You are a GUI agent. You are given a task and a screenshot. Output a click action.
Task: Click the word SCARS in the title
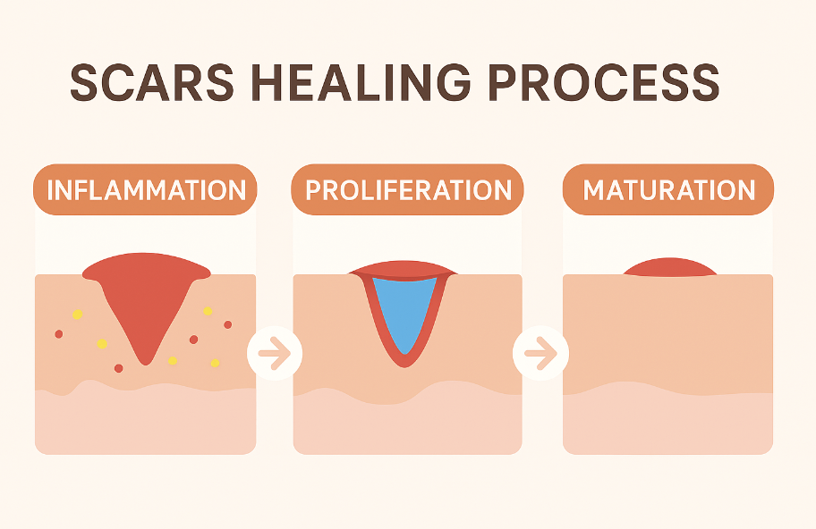[152, 82]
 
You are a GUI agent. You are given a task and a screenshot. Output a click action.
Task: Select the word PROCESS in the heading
[604, 82]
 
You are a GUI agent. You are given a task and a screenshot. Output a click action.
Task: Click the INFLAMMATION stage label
[146, 190]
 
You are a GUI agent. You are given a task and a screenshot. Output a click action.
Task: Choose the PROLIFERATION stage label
[409, 190]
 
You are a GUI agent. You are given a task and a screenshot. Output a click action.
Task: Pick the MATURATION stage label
[668, 190]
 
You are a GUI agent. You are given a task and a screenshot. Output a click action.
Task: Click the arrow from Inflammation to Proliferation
[275, 353]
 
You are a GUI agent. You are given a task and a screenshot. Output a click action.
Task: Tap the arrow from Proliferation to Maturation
[540, 353]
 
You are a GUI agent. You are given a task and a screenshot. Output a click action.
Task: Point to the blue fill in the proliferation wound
[404, 309]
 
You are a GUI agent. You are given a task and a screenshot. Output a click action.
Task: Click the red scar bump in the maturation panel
[670, 267]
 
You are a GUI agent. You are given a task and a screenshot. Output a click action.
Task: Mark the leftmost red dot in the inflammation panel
[59, 334]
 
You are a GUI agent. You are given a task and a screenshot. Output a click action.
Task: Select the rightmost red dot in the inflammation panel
[227, 324]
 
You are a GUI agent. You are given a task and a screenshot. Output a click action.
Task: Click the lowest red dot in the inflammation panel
[119, 368]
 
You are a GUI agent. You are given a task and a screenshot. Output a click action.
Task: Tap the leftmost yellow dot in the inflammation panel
[78, 315]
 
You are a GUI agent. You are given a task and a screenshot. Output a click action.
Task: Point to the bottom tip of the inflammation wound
[146, 365]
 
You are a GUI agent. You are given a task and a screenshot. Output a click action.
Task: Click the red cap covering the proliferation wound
[404, 270]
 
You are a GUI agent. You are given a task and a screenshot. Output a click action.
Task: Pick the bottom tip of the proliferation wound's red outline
[404, 367]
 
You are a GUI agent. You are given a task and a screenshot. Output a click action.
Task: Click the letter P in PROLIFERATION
[313, 190]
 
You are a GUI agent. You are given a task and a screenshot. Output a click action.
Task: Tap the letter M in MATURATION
[593, 190]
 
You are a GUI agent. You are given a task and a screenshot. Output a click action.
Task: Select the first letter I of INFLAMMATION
[49, 190]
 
